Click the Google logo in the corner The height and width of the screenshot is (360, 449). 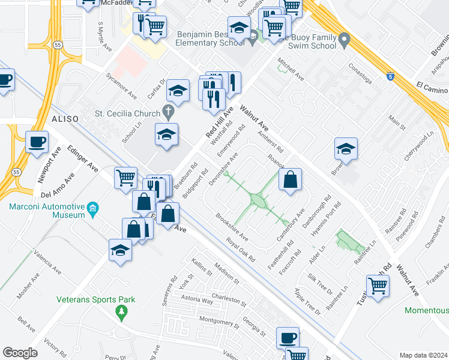(20, 353)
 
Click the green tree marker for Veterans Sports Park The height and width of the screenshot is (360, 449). (122, 313)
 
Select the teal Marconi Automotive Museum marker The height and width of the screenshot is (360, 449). (92, 209)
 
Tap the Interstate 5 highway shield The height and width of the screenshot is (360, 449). (391, 76)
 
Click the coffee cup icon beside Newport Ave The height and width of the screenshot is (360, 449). (38, 142)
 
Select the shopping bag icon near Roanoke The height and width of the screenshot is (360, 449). (290, 179)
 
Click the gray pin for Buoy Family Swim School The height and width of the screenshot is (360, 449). (343, 41)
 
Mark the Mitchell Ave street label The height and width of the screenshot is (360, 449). (290, 69)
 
